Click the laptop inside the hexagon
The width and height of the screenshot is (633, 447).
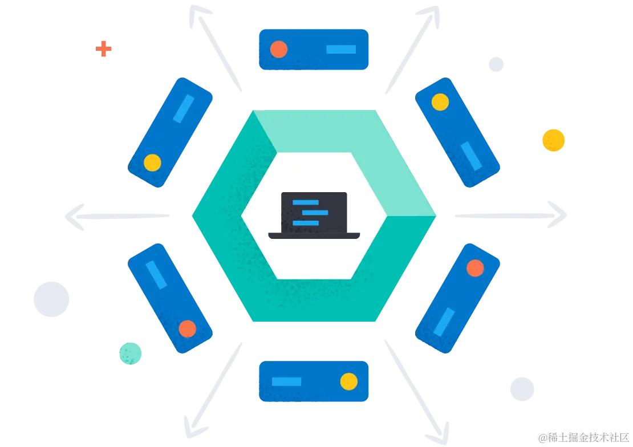click(314, 216)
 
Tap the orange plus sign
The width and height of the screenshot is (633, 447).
click(104, 48)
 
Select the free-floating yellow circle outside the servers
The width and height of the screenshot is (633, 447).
click(553, 140)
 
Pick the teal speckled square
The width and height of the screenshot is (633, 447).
click(130, 353)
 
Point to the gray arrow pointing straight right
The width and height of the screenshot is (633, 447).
click(513, 215)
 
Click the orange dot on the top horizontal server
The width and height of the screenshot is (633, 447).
click(278, 49)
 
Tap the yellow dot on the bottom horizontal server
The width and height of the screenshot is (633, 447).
click(348, 381)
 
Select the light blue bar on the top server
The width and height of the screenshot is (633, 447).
click(341, 49)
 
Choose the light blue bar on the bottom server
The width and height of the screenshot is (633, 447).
click(286, 381)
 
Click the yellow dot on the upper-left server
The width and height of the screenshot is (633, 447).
click(152, 162)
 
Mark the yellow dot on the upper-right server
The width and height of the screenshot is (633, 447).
click(440, 102)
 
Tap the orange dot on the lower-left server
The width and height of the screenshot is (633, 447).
click(187, 328)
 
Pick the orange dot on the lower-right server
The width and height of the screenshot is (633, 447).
click(475, 267)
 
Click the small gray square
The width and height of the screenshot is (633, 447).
click(497, 64)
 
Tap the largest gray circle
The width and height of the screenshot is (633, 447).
click(52, 298)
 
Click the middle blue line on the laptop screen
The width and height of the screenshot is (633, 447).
click(315, 213)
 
